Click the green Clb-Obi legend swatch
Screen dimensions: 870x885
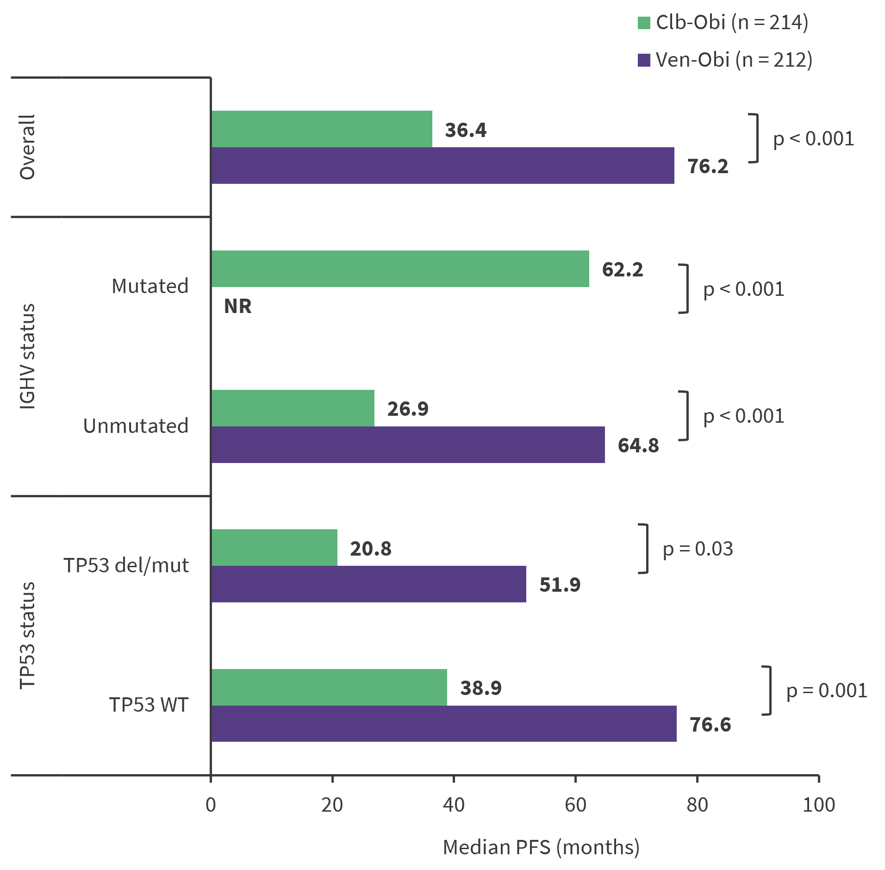pyautogui.click(x=644, y=23)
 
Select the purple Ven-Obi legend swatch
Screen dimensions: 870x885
pyautogui.click(x=644, y=60)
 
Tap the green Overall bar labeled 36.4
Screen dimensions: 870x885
pyautogui.click(x=322, y=129)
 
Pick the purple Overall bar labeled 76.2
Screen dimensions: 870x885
pyautogui.click(x=442, y=166)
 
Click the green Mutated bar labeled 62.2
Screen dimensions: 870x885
pyautogui.click(x=400, y=269)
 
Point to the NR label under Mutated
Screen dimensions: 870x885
pyautogui.click(x=237, y=307)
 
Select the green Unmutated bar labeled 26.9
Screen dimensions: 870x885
pyautogui.click(x=293, y=408)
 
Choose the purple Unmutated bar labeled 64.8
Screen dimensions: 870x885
pyautogui.click(x=408, y=445)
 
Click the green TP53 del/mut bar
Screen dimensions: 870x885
pyautogui.click(x=274, y=548)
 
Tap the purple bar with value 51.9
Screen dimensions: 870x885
pyautogui.click(x=368, y=584)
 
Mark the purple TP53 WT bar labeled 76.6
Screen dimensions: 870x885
pyautogui.click(x=443, y=724)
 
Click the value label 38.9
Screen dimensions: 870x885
pyautogui.click(x=480, y=688)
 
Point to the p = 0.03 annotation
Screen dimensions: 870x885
pyautogui.click(x=698, y=549)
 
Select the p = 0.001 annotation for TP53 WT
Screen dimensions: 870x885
pyautogui.click(x=826, y=691)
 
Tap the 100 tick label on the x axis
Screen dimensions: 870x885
pyautogui.click(x=818, y=805)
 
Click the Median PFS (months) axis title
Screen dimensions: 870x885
pyautogui.click(x=541, y=847)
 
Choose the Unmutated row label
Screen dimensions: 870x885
pyautogui.click(x=136, y=426)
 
